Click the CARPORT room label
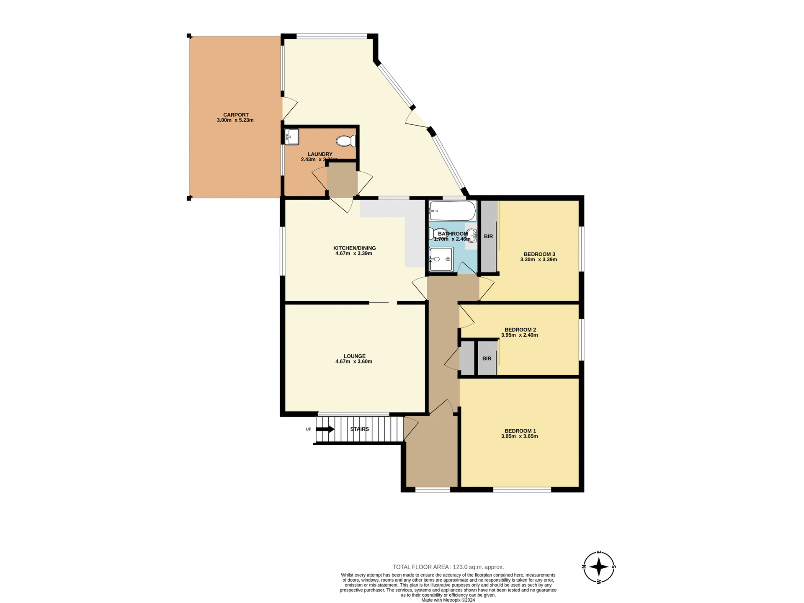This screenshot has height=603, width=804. pos(236,115)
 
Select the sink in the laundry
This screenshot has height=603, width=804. pos(291,137)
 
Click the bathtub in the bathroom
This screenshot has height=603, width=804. pos(452,211)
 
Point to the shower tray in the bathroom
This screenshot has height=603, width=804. pos(441,259)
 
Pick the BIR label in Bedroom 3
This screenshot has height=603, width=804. pos(488,237)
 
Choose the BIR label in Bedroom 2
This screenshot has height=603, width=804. pos(487,359)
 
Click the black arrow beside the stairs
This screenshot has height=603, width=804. pos(325,429)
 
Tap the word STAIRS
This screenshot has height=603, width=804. pos(359,429)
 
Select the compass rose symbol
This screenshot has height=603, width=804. pos(599,567)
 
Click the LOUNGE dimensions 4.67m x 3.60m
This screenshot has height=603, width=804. pos(354,362)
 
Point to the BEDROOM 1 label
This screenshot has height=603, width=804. pos(520,431)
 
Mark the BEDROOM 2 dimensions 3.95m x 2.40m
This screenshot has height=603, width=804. pos(519,335)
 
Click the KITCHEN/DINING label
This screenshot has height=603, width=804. pos(354,248)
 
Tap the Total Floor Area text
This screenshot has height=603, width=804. pos(448,567)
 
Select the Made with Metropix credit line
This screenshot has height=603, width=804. pos(448,600)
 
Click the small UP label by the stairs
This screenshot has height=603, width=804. pos(309,429)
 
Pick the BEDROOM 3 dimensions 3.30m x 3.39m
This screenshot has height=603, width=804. pos(539,260)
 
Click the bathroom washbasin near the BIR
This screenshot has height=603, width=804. pos(472,235)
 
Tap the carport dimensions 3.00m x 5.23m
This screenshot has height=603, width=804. pos(235,120)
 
